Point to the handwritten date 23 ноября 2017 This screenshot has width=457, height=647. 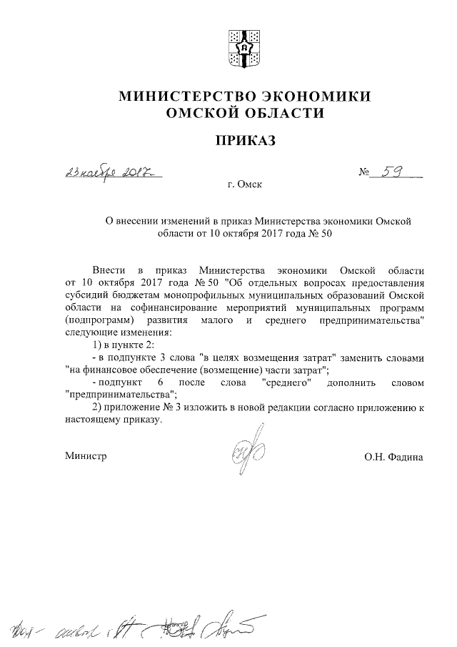click(111, 172)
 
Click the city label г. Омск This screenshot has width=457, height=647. click(245, 185)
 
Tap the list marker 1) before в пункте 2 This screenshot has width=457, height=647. click(99, 345)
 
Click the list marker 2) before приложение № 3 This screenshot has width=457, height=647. click(99, 407)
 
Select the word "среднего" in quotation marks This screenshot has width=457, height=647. click(287, 382)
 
